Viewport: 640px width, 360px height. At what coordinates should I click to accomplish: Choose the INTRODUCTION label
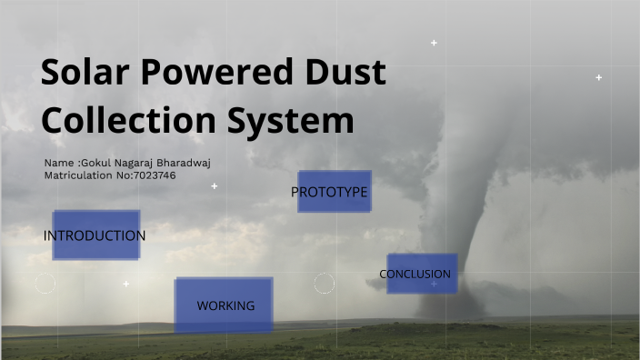click(95, 235)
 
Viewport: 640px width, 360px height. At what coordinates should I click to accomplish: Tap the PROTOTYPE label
click(329, 192)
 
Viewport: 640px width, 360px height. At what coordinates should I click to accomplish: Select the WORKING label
click(225, 305)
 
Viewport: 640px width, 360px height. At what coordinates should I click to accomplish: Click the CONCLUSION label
click(415, 274)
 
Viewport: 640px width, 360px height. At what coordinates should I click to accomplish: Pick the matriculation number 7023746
click(155, 175)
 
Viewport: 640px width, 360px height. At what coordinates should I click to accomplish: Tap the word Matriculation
click(79, 175)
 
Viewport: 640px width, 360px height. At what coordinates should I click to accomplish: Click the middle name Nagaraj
click(137, 163)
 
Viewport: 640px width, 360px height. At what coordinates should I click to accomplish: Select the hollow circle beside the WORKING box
click(325, 283)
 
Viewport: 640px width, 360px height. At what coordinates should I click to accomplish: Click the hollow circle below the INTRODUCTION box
click(45, 284)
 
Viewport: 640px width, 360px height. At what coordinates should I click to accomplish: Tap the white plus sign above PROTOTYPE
click(215, 186)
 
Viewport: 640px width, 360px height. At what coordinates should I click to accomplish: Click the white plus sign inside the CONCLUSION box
click(434, 285)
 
